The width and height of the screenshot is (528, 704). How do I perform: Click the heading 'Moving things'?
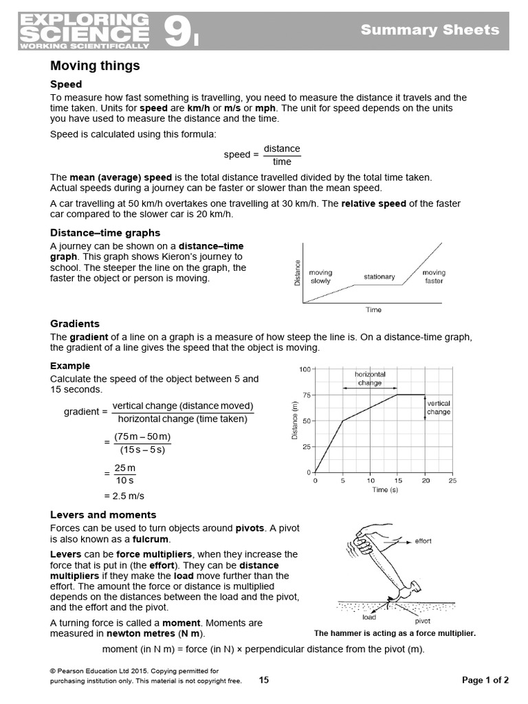[x=95, y=66]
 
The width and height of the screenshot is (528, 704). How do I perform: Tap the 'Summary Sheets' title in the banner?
[x=430, y=30]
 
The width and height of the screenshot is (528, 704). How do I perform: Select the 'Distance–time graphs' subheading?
[x=105, y=232]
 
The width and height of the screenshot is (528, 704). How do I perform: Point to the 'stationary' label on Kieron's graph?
[x=379, y=277]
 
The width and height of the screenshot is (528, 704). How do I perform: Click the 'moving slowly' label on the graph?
[x=320, y=277]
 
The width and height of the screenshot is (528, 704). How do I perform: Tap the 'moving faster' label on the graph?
[x=434, y=277]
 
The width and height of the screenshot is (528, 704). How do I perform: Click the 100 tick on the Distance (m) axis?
[x=305, y=369]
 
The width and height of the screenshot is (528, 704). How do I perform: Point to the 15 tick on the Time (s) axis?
[x=397, y=481]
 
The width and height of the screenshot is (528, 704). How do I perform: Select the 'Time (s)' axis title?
[x=385, y=490]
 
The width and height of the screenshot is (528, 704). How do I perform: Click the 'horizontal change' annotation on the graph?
[x=370, y=379]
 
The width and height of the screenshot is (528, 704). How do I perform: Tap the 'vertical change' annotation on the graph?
[x=439, y=408]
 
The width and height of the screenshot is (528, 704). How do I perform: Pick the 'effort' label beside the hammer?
[x=423, y=541]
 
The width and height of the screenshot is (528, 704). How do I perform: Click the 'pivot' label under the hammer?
[x=423, y=620]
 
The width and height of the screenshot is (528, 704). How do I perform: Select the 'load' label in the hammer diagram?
[x=368, y=617]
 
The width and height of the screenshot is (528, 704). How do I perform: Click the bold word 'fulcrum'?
[x=151, y=539]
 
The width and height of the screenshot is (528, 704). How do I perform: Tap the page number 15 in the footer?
[x=264, y=680]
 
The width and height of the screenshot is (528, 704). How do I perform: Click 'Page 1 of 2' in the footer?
[x=485, y=680]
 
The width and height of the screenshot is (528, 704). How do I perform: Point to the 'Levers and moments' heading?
[x=103, y=514]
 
